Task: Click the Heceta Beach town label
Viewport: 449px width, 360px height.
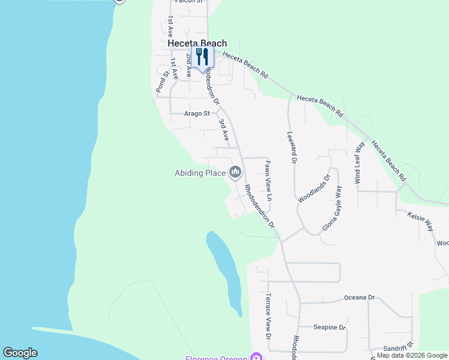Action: point(197,43)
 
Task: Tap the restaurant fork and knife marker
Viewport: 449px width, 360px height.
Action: point(202,57)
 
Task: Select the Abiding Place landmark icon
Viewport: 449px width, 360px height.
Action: point(235,173)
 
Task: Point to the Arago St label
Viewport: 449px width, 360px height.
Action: point(197,113)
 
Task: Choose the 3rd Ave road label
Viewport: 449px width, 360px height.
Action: point(223,128)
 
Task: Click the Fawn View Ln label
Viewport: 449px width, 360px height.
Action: point(269,180)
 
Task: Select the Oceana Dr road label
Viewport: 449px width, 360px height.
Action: point(359,298)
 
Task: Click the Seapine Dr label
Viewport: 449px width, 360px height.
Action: point(330,328)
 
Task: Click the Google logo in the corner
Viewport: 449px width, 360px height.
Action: point(20,353)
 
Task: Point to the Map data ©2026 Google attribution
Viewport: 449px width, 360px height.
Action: point(412,356)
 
